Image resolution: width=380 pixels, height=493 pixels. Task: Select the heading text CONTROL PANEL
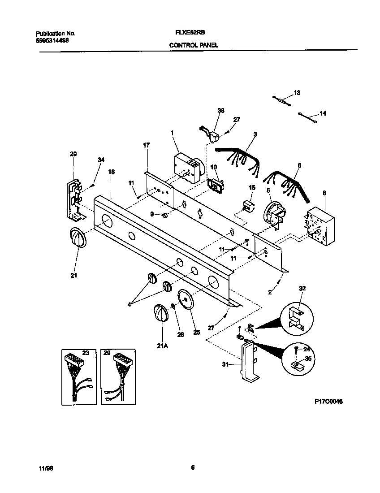tap(194, 45)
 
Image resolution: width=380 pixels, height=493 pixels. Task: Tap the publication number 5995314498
tap(52, 40)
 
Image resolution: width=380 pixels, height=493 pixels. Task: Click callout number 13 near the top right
tap(297, 93)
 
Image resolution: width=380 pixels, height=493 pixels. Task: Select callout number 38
tap(220, 110)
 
